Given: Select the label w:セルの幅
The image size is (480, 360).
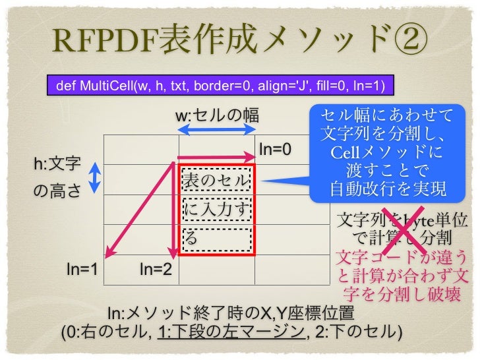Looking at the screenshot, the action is click(x=216, y=117).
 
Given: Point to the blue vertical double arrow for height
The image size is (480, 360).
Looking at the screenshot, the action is click(x=94, y=176).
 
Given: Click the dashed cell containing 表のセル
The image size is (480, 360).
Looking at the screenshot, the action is click(x=217, y=180).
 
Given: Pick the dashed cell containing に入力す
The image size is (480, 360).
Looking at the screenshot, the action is click(x=217, y=210).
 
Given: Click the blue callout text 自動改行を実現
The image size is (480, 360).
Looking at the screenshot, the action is click(x=388, y=189).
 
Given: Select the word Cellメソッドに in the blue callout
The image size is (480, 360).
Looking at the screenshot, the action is click(x=387, y=154).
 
